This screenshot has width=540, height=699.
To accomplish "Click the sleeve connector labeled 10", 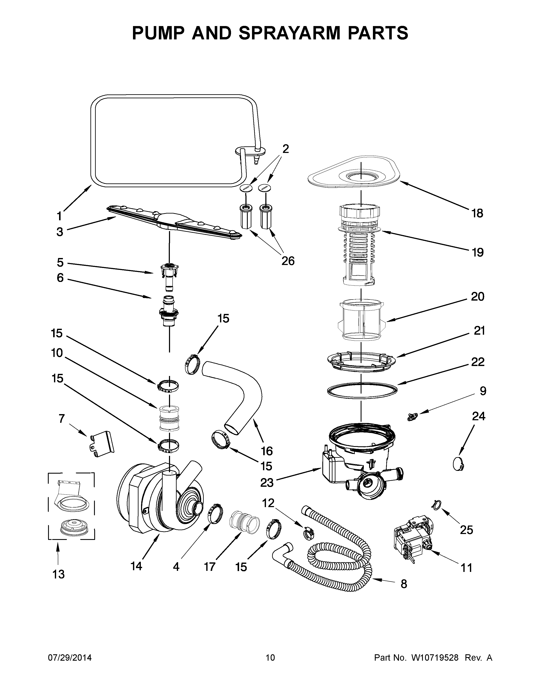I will (x=168, y=418).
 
